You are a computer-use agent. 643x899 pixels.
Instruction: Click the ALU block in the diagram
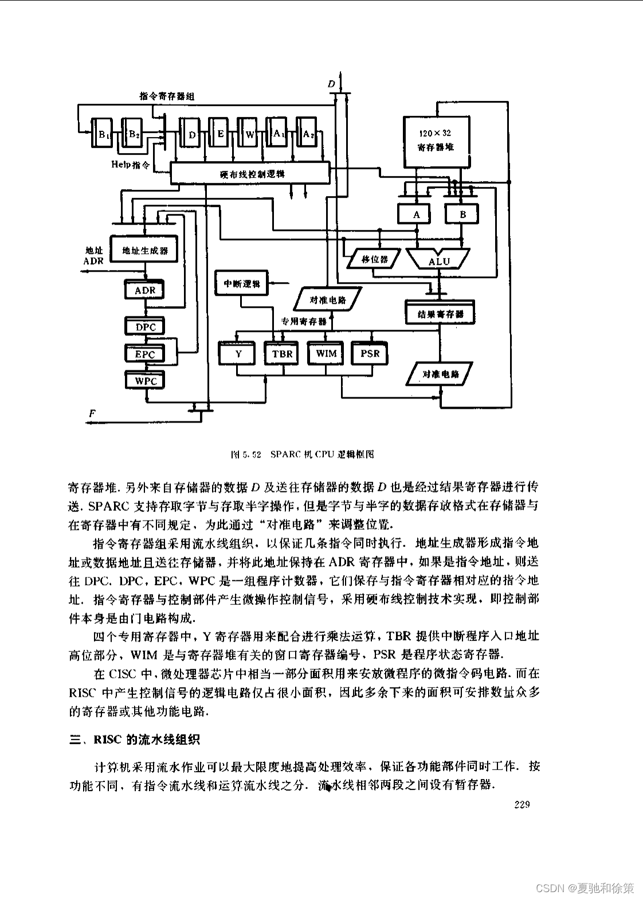[439, 260]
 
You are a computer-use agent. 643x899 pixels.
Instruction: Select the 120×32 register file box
[436, 141]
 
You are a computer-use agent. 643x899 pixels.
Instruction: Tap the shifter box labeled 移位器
[374, 259]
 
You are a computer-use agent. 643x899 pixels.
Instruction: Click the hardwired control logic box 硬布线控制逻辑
[250, 173]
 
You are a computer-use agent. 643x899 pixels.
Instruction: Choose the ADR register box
[144, 290]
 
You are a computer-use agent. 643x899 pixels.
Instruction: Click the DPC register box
[145, 327]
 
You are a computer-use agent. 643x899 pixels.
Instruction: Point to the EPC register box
[144, 354]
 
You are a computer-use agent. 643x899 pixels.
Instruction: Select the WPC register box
[145, 381]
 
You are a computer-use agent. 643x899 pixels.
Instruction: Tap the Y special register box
[238, 354]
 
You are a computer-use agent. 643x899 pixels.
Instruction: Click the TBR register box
[282, 354]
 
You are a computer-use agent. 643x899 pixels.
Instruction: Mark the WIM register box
[326, 353]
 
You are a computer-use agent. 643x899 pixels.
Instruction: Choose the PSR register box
[370, 354]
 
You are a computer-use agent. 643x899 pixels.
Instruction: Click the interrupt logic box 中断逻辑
[241, 283]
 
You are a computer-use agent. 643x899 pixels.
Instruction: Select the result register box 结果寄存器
[440, 314]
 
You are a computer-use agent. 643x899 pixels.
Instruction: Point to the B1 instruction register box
[103, 135]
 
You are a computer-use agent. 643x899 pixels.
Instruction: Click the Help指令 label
[131, 165]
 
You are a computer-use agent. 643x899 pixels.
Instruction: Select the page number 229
[522, 804]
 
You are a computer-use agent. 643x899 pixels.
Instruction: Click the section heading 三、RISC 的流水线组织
[135, 739]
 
